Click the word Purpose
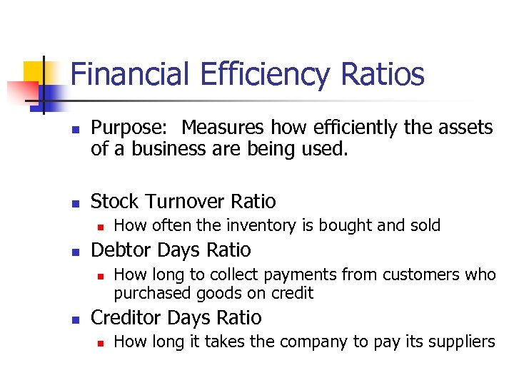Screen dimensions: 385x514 click(128, 128)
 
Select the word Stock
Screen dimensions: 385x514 click(114, 202)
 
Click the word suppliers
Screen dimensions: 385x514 click(459, 342)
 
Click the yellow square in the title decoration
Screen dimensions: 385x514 click(34, 71)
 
